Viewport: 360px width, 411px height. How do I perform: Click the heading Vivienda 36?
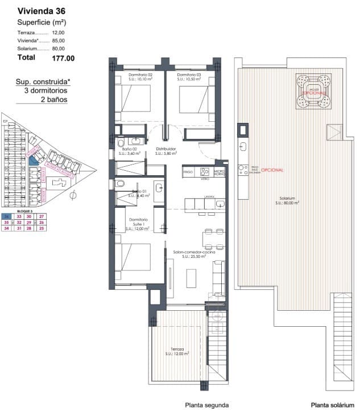click(x=40, y=11)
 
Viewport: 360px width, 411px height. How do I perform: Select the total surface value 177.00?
click(x=63, y=57)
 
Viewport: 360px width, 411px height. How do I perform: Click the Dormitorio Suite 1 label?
click(x=138, y=224)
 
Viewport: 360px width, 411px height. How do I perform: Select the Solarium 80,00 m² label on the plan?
click(x=287, y=200)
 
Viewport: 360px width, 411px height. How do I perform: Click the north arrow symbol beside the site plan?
click(x=72, y=196)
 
